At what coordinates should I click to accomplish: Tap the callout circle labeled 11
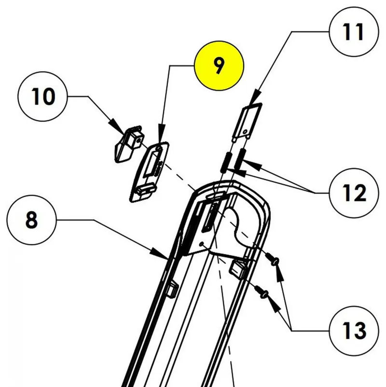tap(354, 32)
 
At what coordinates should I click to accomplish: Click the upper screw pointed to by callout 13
tap(274, 261)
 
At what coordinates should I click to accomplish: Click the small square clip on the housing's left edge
tap(172, 289)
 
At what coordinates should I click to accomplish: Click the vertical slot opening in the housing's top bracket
tap(208, 221)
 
